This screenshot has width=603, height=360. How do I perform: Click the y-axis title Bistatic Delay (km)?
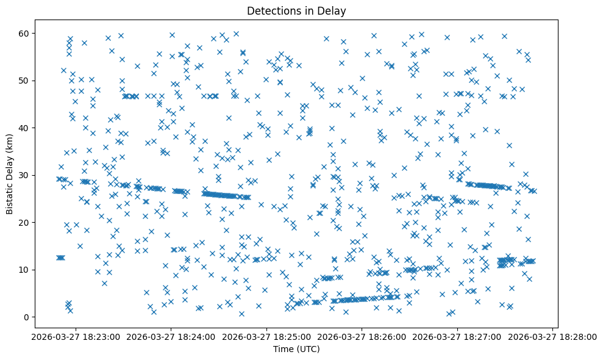pyautogui.click(x=10, y=165)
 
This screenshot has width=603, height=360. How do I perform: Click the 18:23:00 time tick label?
pyautogui.click(x=76, y=336)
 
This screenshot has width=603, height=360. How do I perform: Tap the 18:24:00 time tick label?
pyautogui.click(x=171, y=336)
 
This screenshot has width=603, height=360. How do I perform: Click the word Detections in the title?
pyautogui.click(x=271, y=10)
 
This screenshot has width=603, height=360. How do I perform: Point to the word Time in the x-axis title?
pyautogui.click(x=284, y=349)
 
